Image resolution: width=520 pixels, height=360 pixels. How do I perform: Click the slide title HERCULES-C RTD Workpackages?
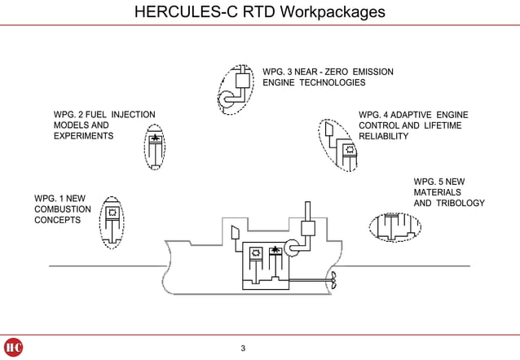pyautogui.click(x=259, y=12)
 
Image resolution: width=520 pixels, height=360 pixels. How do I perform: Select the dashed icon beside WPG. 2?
pyautogui.click(x=155, y=145)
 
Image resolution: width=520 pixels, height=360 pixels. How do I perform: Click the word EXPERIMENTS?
pyautogui.click(x=83, y=137)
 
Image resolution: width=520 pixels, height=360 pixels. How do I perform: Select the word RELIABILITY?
pyautogui.click(x=384, y=137)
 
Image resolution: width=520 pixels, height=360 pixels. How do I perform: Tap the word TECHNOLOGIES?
pyautogui.click(x=333, y=83)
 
